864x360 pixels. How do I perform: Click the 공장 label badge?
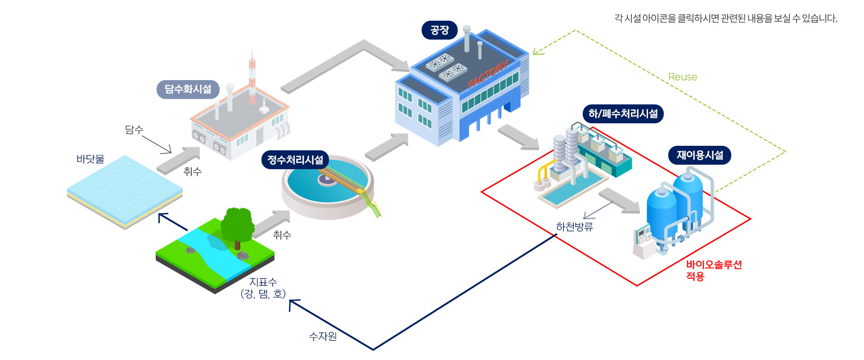click(x=440, y=30)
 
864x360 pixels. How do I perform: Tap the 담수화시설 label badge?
click(x=188, y=89)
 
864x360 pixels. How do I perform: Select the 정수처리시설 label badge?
click(x=295, y=160)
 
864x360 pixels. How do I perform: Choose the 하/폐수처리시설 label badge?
click(x=623, y=113)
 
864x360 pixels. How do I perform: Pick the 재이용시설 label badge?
click(x=700, y=155)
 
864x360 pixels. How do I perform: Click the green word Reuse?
click(x=683, y=77)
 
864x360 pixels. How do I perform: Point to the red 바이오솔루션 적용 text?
click(x=714, y=270)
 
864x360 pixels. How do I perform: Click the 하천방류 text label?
click(x=575, y=227)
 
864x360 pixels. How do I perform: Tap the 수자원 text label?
click(x=323, y=336)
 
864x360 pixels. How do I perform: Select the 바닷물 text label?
click(x=90, y=159)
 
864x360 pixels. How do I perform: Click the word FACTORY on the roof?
click(x=488, y=74)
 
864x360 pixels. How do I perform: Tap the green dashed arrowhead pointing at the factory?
click(x=538, y=51)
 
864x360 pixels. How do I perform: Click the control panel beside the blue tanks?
click(x=643, y=241)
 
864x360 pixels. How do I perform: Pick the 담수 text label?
click(x=134, y=130)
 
